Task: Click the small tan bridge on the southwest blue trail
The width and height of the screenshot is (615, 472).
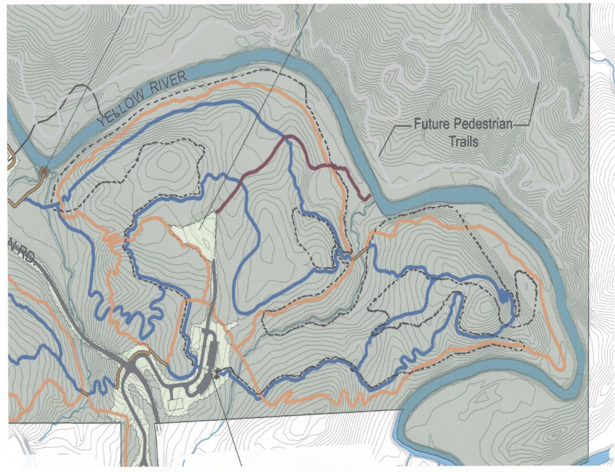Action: click(84, 392)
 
